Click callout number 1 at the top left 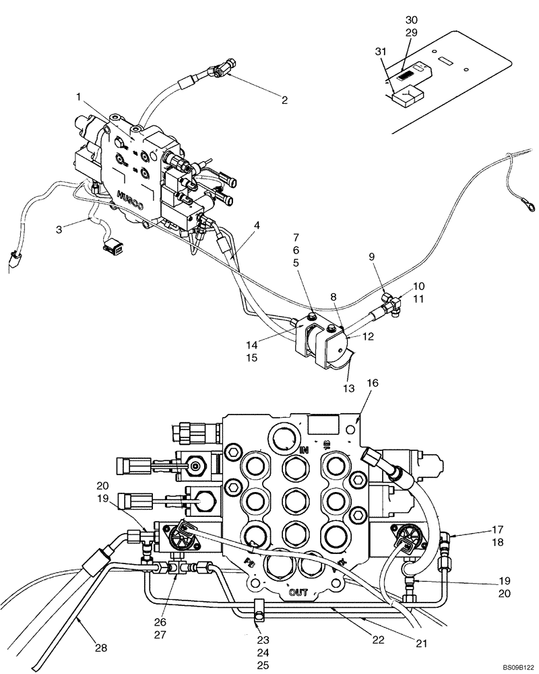coord(79,96)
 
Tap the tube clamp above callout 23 coord(257,612)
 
